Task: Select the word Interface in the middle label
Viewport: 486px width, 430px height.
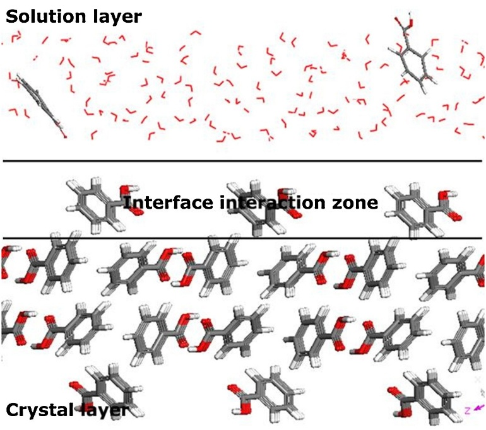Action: [169, 202]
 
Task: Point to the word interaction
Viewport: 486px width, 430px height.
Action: [273, 202]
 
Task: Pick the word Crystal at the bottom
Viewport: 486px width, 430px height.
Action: [40, 411]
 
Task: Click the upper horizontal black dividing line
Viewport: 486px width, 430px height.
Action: [243, 161]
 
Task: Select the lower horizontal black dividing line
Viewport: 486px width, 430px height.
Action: [243, 238]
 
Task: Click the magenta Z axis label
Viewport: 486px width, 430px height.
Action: [468, 410]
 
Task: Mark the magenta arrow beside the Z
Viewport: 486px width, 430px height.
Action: [479, 407]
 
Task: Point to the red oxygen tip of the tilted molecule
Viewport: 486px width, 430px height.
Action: [65, 136]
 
